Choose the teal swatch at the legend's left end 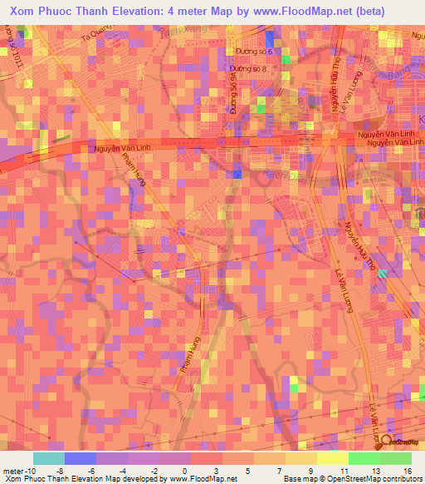(x=48, y=458)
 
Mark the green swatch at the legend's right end (x=395, y=458)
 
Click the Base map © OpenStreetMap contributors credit (x=350, y=478)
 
